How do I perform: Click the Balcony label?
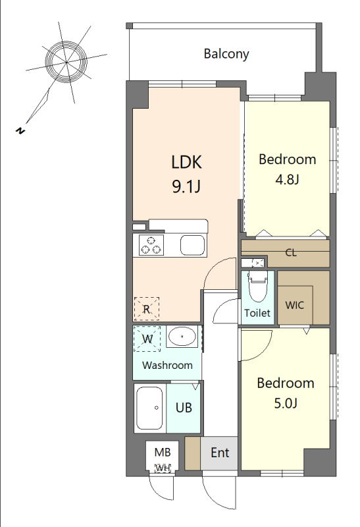(226, 54)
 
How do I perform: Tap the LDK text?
(186, 162)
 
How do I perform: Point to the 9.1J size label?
(186, 186)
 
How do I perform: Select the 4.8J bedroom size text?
(287, 179)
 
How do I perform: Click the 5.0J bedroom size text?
(286, 403)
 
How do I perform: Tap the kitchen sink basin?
(192, 245)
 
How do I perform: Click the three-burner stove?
(151, 245)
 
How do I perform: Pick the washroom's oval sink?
(182, 337)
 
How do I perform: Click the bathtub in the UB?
(150, 408)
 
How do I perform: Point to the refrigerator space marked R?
(146, 309)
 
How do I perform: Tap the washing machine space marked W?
(147, 339)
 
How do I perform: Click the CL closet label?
(291, 252)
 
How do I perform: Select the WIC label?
(294, 305)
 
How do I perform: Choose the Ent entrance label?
(220, 453)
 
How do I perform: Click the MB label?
(163, 453)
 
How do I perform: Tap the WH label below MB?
(163, 468)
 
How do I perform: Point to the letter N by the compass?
(20, 130)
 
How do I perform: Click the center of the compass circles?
(66, 62)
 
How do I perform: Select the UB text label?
(184, 408)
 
